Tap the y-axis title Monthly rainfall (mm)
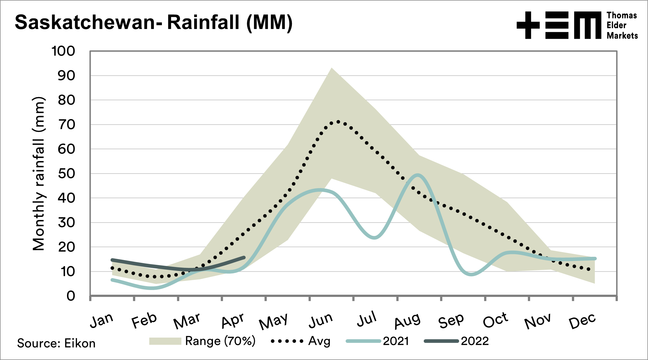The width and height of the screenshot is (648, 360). (38, 174)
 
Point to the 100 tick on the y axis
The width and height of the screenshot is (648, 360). (63, 51)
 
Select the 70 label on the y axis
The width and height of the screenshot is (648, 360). (66, 125)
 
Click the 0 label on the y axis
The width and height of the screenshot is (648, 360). (71, 296)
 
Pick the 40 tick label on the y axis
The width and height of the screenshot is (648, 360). (66, 198)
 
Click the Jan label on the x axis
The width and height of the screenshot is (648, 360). (102, 320)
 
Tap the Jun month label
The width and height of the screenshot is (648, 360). (321, 320)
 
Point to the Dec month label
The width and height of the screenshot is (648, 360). (582, 321)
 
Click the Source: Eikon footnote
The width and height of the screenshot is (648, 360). (56, 343)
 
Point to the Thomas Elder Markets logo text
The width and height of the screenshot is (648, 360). (622, 25)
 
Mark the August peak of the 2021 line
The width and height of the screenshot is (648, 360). (418, 175)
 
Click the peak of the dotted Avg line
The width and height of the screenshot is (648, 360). (338, 122)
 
